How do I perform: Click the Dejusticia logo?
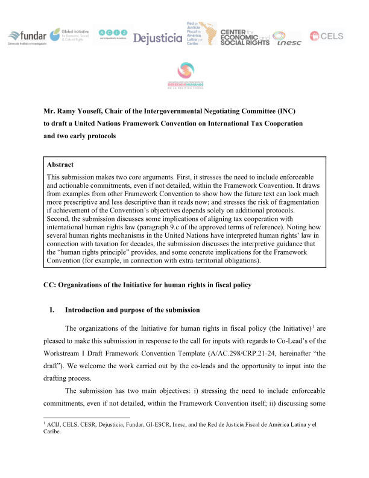coord(157,38)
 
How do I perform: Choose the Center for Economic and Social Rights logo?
coord(244,37)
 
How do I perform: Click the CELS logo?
coord(326,37)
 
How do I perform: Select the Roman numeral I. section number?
coord(52,310)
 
